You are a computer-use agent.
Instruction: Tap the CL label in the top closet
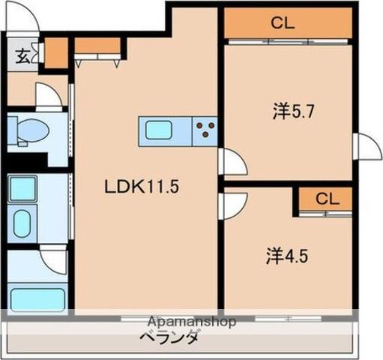coord(283,22)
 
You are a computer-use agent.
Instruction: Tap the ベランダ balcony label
coord(169,337)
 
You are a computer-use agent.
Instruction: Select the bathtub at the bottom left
coord(37,298)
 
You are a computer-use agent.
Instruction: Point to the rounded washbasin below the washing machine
coord(25,223)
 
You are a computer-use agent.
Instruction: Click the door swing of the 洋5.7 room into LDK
coord(231,161)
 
